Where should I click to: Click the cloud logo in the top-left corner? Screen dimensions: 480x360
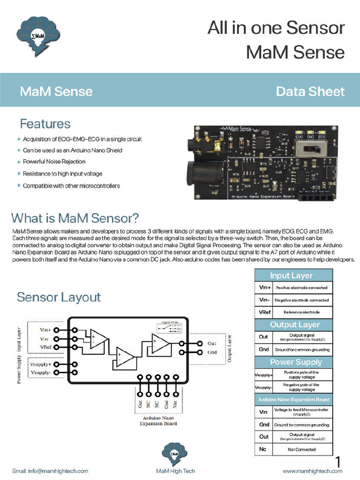click(x=38, y=36)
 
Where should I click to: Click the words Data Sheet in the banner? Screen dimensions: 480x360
click(x=310, y=91)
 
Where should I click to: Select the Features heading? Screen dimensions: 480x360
click(x=45, y=124)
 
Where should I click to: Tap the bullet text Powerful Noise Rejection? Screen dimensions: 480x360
click(x=54, y=162)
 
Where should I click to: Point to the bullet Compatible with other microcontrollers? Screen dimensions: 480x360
click(x=71, y=186)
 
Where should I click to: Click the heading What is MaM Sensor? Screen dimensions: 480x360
click(x=75, y=218)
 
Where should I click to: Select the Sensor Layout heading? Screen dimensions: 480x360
click(x=59, y=297)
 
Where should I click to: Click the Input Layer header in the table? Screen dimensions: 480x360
click(x=293, y=275)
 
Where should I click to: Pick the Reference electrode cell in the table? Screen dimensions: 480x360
click(x=301, y=312)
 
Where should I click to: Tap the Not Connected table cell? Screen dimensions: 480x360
click(x=301, y=450)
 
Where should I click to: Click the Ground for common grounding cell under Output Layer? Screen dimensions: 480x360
click(x=301, y=350)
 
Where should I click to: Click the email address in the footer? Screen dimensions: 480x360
click(x=50, y=471)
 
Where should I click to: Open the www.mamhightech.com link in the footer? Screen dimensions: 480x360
click(x=312, y=471)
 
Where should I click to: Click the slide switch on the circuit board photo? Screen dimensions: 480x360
click(x=311, y=150)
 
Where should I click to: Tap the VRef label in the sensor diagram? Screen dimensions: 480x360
click(x=46, y=347)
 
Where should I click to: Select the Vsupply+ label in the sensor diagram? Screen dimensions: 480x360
click(x=41, y=364)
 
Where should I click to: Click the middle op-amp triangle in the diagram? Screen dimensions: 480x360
click(x=125, y=359)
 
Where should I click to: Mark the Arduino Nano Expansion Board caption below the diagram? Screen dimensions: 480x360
click(x=157, y=420)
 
